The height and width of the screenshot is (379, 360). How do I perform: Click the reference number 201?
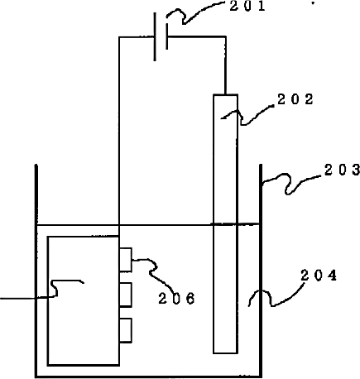tap(247, 7)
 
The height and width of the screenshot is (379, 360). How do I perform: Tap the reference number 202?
tap(295, 99)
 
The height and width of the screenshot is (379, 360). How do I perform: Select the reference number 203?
tap(342, 170)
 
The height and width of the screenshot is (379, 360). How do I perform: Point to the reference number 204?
tap(319, 276)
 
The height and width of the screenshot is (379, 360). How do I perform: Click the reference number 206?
tap(176, 298)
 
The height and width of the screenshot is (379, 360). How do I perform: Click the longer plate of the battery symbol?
tap(155, 36)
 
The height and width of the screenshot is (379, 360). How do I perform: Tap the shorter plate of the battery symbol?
tap(167, 36)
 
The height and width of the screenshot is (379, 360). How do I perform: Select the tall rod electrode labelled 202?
tap(225, 223)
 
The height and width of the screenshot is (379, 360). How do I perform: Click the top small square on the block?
tap(126, 260)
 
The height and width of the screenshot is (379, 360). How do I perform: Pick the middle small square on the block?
tap(126, 295)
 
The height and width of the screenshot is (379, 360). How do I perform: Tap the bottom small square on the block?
tap(126, 330)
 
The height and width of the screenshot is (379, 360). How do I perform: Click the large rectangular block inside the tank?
tap(84, 301)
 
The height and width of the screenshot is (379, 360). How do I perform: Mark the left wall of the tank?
tap(36, 271)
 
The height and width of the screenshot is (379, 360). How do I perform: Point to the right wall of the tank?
tap(261, 271)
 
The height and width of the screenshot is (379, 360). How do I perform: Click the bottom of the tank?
tap(148, 376)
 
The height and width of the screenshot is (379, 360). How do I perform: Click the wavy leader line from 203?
tap(288, 184)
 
